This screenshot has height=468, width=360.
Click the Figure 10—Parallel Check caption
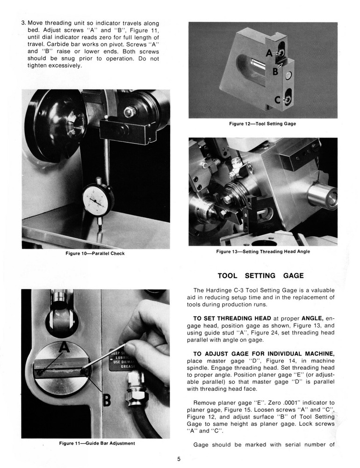coord(95,254)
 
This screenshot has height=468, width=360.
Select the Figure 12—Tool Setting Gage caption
coord(262,124)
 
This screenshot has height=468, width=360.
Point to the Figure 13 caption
coord(263,251)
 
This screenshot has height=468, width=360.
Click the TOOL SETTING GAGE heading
coord(261,276)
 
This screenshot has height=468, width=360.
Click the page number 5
coord(179,458)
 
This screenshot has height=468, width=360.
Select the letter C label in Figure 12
coord(277,99)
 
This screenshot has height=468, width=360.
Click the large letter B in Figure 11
coord(107,400)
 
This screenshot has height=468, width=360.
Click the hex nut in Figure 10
coord(130,112)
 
